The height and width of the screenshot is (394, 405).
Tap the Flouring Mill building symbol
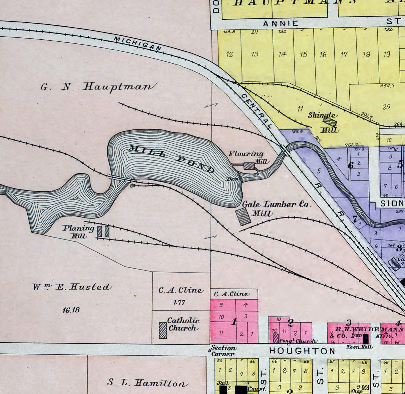pyautogui.click(x=249, y=166)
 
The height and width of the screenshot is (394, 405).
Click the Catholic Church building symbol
pyautogui.click(x=163, y=330)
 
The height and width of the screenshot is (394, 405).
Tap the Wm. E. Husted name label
pyautogui.click(x=72, y=287)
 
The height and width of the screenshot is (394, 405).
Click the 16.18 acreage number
pyautogui.click(x=71, y=310)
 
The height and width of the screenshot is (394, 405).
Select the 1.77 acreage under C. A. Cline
pyautogui.click(x=179, y=303)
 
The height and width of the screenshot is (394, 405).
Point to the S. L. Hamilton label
pyautogui.click(x=146, y=383)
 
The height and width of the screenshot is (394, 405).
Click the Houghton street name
pyautogui.click(x=302, y=351)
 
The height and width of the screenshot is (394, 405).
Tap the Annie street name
pyautogui.click(x=281, y=24)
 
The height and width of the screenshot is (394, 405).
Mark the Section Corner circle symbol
pyautogui.click(x=210, y=350)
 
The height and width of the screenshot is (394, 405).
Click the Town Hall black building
pyautogui.click(x=366, y=339)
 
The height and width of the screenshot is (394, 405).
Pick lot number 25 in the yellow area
pyautogui.click(x=386, y=107)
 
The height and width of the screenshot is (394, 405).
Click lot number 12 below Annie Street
pyautogui.click(x=230, y=54)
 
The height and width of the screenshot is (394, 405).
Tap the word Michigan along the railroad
pyautogui.click(x=138, y=44)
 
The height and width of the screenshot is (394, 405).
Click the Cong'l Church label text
pyautogui.click(x=297, y=341)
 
